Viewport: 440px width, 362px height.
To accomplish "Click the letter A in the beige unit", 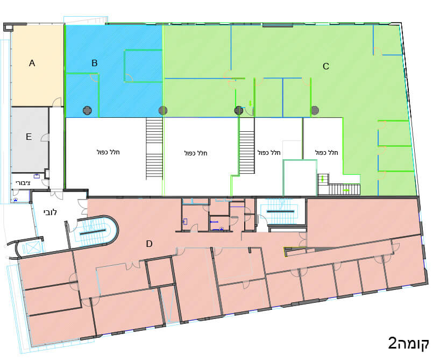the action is (x=32, y=63).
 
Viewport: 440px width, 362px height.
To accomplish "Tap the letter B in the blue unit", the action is (x=95, y=63).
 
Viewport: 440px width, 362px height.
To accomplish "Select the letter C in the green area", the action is (x=326, y=66).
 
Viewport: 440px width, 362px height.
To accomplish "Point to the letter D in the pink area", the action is (x=150, y=244).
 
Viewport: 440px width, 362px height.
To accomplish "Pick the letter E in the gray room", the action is (x=29, y=137).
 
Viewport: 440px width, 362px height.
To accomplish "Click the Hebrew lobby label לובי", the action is (x=50, y=212).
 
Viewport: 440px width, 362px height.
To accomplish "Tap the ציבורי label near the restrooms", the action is (x=23, y=183).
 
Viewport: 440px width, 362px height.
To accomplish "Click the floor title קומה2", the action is (x=408, y=343).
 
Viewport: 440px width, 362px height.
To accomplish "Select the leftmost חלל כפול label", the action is (x=108, y=152).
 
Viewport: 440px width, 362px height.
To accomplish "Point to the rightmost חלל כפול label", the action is (x=327, y=153).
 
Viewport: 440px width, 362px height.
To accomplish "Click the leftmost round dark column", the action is (x=87, y=111).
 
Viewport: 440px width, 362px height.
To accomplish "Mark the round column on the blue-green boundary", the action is (x=163, y=111).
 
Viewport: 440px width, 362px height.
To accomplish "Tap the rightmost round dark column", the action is (x=315, y=111).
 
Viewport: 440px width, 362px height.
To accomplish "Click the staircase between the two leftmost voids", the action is (x=154, y=149).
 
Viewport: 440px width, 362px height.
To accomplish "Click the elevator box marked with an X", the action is (x=31, y=248).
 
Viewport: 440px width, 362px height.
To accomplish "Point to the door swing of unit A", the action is (x=58, y=102).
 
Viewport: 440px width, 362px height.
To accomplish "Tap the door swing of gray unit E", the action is (x=45, y=137).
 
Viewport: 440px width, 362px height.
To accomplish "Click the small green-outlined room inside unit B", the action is (x=144, y=66).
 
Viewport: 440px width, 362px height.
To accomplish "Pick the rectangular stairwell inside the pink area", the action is (x=281, y=211).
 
